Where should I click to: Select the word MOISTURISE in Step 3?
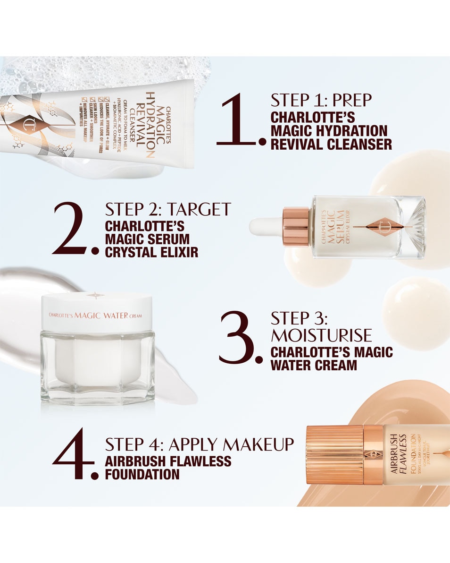pos(321,335)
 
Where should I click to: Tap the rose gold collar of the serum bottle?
pos(296,226)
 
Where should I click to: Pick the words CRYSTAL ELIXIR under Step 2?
pos(151,252)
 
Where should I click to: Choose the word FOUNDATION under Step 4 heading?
pos(142,474)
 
